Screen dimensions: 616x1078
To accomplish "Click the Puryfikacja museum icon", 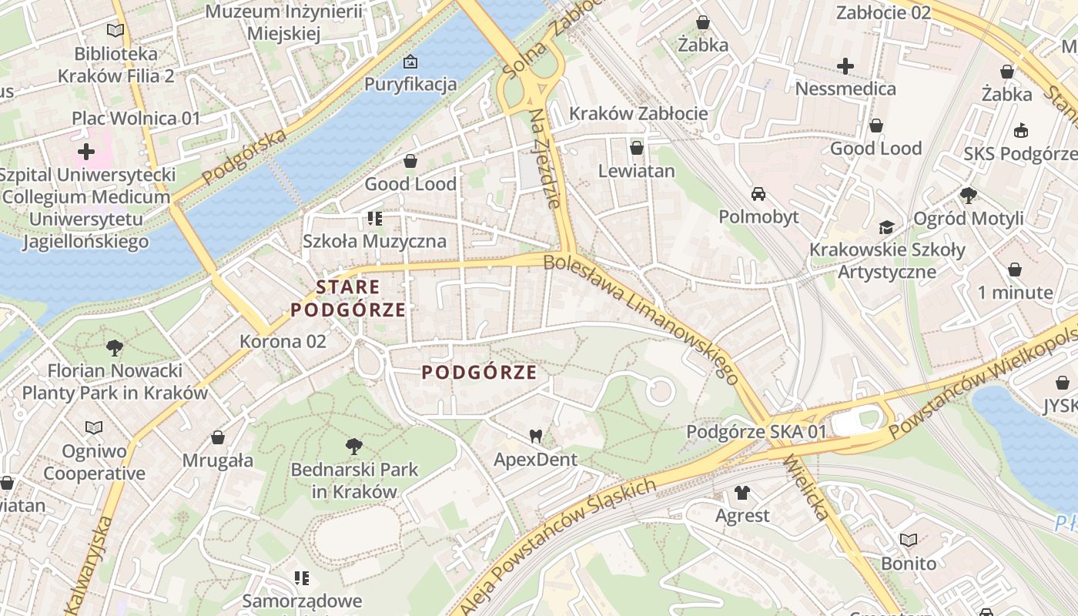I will [410, 61].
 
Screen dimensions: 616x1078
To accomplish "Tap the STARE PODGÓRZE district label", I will [348, 299].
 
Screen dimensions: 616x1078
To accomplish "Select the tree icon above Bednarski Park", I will [353, 446].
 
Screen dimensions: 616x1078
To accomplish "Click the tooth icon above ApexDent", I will [536, 437].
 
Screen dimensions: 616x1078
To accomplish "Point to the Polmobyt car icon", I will [758, 193].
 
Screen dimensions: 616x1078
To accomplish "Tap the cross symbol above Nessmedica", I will [845, 66].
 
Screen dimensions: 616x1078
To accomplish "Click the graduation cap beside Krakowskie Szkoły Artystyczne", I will [886, 227].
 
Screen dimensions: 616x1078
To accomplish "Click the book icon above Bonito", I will [909, 540].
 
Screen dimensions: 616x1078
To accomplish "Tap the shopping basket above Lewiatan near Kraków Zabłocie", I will [636, 148].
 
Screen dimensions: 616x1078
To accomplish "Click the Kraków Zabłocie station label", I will [638, 114].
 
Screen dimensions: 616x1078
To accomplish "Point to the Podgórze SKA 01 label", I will [755, 432].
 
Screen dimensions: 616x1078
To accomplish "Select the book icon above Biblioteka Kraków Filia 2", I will [115, 30].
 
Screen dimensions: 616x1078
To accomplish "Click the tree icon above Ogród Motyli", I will [968, 196].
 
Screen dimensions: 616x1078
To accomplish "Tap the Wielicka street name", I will [805, 487].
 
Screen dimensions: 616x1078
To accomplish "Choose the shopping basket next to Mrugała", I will [218, 437].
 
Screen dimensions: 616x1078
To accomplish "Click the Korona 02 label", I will [283, 341].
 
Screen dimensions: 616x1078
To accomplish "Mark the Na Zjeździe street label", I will [544, 159].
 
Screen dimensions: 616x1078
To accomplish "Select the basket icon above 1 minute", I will [1015, 269].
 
